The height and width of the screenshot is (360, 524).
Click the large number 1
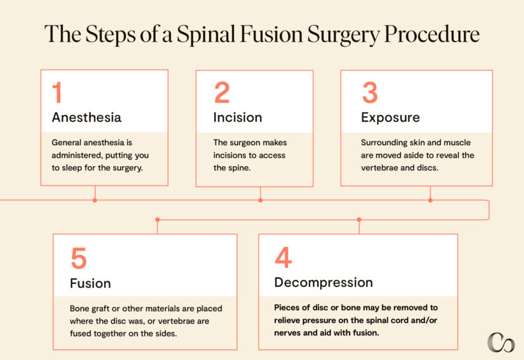[57, 93]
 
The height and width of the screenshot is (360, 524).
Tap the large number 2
[222, 93]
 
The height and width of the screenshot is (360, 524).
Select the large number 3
[369, 93]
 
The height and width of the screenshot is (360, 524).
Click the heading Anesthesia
[86, 118]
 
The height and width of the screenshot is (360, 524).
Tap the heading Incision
[238, 118]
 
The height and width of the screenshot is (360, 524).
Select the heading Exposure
[390, 118]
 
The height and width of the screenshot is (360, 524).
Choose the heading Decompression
[323, 282]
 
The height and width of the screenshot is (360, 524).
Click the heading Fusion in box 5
[90, 283]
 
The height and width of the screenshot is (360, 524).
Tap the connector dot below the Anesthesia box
[95, 200]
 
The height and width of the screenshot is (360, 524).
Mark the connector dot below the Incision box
[260, 200]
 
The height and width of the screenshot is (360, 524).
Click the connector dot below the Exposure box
[430, 200]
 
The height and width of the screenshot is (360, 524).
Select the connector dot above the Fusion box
[157, 219]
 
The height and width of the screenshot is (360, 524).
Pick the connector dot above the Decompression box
[359, 219]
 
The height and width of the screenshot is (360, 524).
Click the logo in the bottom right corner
[500, 342]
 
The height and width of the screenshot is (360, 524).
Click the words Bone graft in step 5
[93, 308]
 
